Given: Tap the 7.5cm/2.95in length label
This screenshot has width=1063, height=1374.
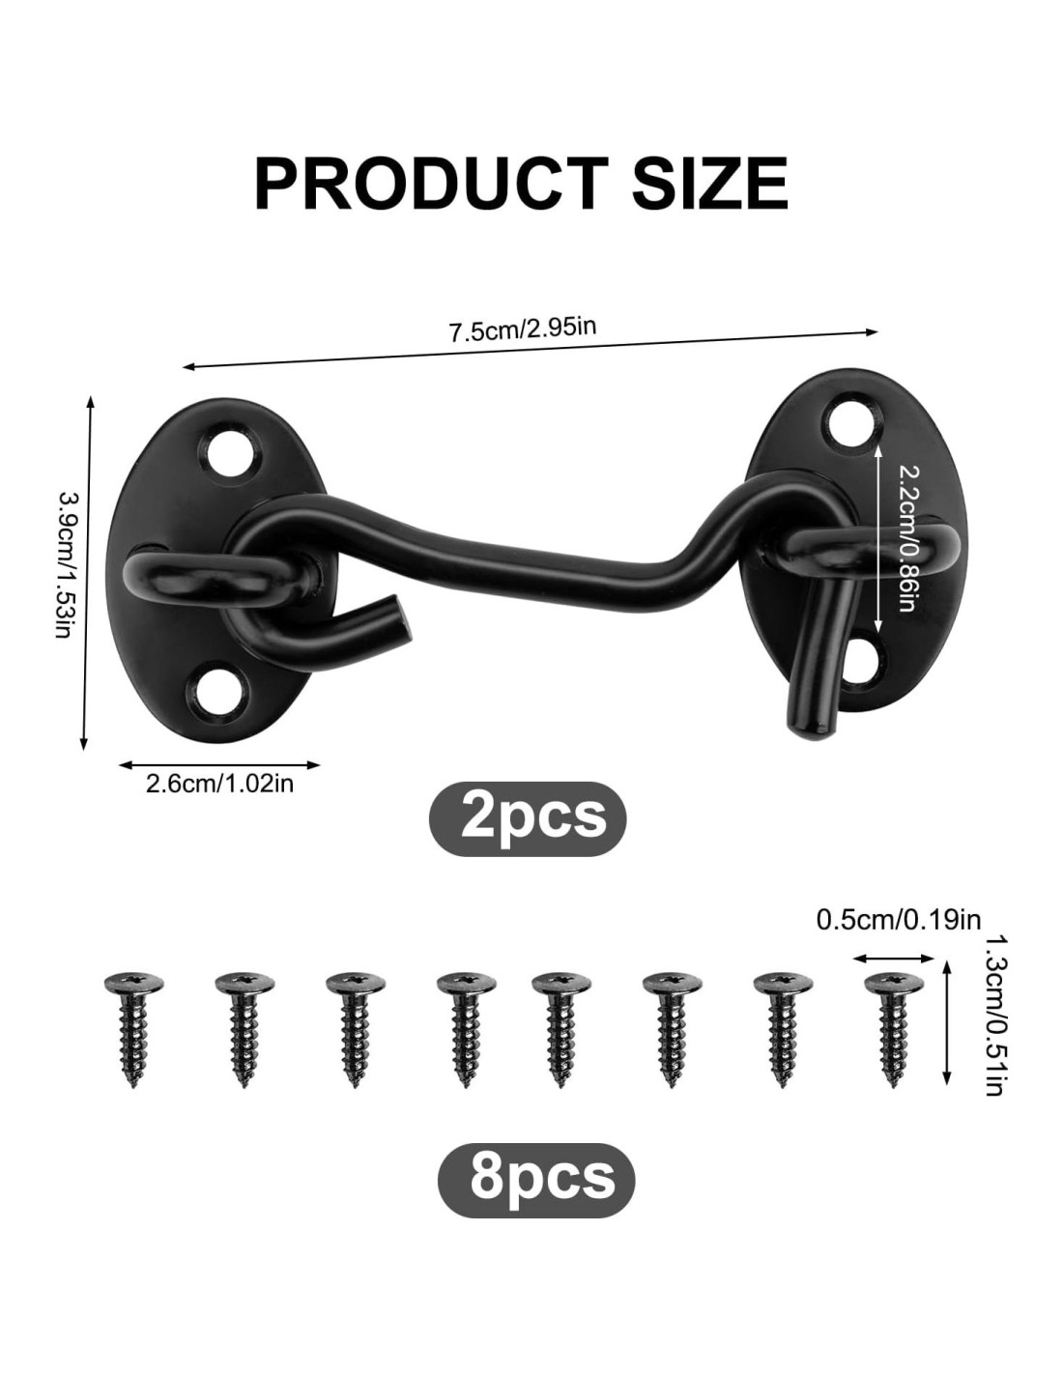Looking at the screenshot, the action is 523,329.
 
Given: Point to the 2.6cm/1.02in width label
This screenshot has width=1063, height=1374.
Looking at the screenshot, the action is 219,784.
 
